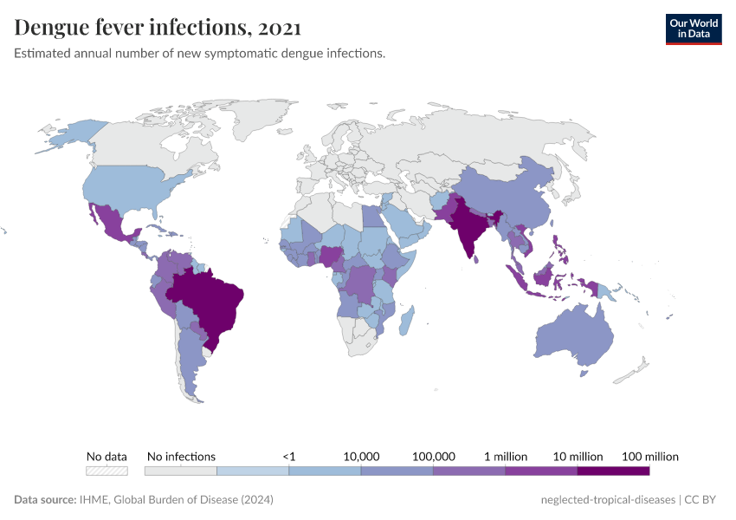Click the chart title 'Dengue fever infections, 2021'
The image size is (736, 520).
click(158, 28)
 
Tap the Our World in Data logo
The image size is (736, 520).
click(693, 29)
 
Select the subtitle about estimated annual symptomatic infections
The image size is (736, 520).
click(199, 54)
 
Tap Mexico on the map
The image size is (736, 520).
click(113, 225)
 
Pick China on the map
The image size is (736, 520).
click(511, 195)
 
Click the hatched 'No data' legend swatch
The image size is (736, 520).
click(107, 471)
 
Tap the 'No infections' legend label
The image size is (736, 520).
click(181, 456)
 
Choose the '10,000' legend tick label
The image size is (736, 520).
click(361, 456)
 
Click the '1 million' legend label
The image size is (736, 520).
click(505, 456)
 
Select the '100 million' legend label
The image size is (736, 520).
click(649, 456)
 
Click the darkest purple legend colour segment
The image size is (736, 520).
click(613, 471)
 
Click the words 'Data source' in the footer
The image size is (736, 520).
click(44, 500)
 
